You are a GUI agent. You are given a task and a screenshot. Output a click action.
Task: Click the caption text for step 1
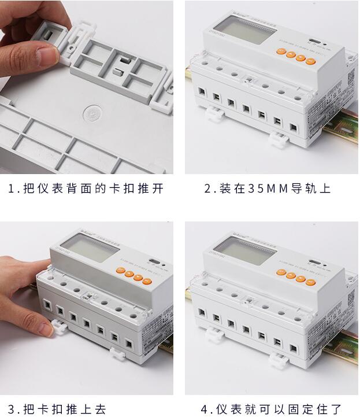tap(86, 189)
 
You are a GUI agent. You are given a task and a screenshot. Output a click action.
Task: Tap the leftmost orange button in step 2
tap(280, 51)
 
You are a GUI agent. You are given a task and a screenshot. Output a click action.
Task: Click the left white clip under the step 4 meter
tap(210, 334)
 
